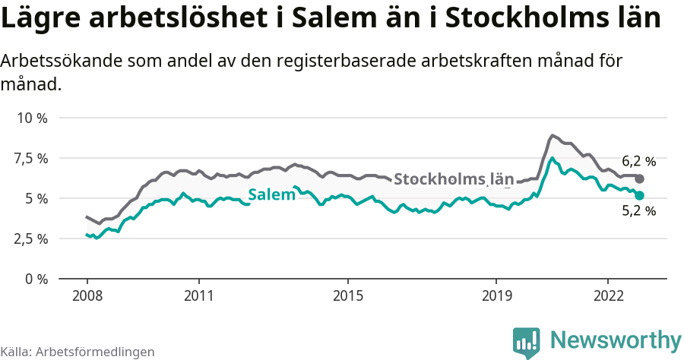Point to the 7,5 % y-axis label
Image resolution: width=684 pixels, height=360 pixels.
click(31, 159)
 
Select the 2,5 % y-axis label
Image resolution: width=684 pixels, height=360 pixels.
click(31, 238)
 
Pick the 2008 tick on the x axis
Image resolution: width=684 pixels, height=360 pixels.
click(87, 295)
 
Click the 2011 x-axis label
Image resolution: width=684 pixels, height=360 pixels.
click(198, 295)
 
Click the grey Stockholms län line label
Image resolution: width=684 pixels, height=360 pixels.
click(454, 179)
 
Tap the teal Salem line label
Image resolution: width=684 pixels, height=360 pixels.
click(271, 194)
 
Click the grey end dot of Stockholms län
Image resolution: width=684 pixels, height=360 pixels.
click(640, 178)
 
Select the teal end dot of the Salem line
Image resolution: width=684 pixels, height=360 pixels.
click(640, 195)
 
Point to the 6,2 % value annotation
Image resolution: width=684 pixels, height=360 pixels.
click(638, 161)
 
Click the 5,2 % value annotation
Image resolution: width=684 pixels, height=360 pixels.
click(638, 212)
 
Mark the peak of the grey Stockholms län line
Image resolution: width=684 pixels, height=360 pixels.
click(553, 135)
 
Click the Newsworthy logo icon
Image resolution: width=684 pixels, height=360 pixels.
click(527, 343)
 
